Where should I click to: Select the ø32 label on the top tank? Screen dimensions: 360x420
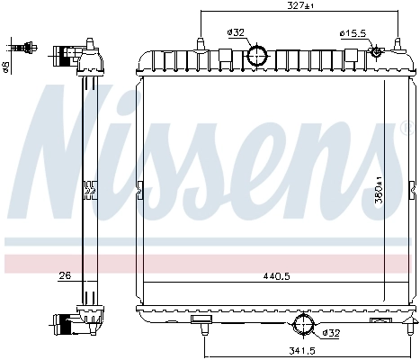click(x=237, y=33)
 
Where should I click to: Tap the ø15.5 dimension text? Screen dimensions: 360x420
click(x=353, y=34)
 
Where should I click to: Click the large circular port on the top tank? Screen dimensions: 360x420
click(x=258, y=56)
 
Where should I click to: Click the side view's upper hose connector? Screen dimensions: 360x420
click(x=67, y=55)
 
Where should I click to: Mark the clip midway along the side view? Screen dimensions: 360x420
click(x=88, y=189)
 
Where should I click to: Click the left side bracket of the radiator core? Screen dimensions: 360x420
click(x=139, y=190)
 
